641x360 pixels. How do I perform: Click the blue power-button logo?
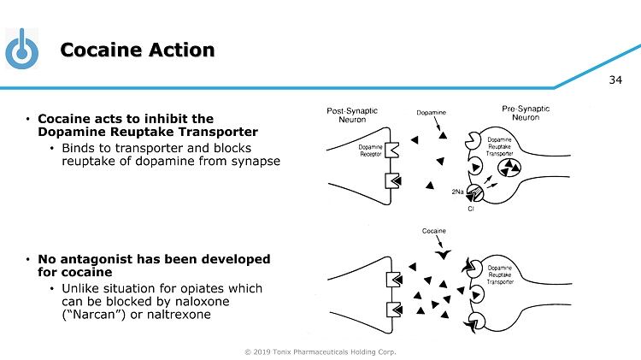point(22,50)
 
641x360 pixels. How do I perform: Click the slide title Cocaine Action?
point(138,50)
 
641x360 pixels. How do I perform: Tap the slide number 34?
point(615,80)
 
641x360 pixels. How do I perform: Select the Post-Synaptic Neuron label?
point(353,115)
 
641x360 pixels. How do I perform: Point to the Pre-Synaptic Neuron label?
point(525,115)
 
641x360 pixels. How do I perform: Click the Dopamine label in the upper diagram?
point(431,113)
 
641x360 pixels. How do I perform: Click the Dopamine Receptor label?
point(370,151)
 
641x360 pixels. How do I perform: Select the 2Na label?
point(457,193)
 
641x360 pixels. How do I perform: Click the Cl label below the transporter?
point(471,209)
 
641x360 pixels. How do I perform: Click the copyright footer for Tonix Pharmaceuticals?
point(320,351)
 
